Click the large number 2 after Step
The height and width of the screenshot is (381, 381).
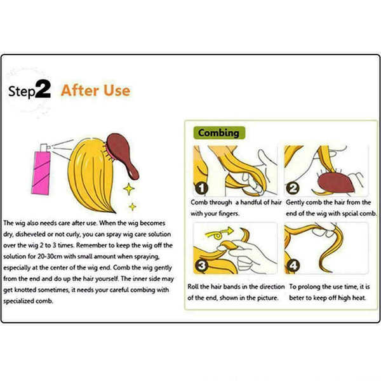(43, 89)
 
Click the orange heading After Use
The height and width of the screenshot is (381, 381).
(95, 90)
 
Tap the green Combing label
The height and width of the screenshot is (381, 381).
(219, 133)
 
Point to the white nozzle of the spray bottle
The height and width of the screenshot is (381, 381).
(44, 147)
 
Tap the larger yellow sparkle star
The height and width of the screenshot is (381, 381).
(129, 189)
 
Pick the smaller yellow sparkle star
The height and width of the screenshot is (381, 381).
(133, 206)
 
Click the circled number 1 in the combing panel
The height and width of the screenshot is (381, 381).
(201, 189)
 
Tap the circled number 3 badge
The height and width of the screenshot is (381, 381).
(201, 265)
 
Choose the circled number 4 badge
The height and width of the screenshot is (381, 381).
(293, 265)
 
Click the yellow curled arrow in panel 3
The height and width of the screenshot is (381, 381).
(218, 234)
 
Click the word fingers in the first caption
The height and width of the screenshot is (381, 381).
(229, 213)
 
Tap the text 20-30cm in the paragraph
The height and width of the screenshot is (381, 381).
(50, 257)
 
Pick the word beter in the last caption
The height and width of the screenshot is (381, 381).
(295, 298)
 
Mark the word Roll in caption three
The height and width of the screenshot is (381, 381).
(193, 287)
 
